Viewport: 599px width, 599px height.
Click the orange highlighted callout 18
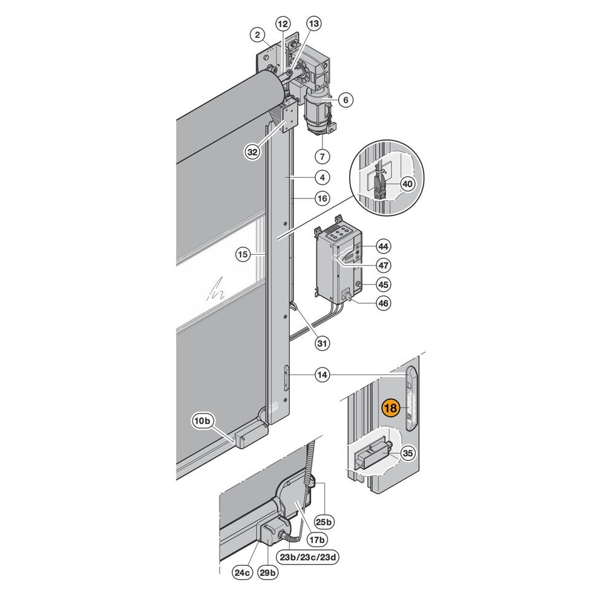click(390, 408)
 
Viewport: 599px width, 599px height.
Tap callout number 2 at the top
click(258, 35)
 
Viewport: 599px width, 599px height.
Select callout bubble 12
click(283, 24)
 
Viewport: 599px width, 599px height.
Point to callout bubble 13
click(313, 24)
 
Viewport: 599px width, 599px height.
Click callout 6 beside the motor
click(345, 100)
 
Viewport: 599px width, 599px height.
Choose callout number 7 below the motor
click(322, 156)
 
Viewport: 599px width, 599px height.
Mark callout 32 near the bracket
click(252, 152)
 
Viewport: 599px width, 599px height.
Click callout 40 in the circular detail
click(408, 184)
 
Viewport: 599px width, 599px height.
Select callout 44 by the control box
click(383, 246)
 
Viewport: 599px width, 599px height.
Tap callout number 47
click(383, 265)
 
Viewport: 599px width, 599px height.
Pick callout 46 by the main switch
click(383, 303)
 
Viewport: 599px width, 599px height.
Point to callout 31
click(322, 344)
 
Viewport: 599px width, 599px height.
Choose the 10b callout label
click(203, 421)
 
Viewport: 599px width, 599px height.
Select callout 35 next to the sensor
click(408, 453)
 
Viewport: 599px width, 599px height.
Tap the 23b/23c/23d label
click(307, 557)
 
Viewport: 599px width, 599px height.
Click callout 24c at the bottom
click(243, 572)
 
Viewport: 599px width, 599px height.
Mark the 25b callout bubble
click(324, 522)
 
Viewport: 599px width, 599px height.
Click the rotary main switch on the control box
click(347, 295)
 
